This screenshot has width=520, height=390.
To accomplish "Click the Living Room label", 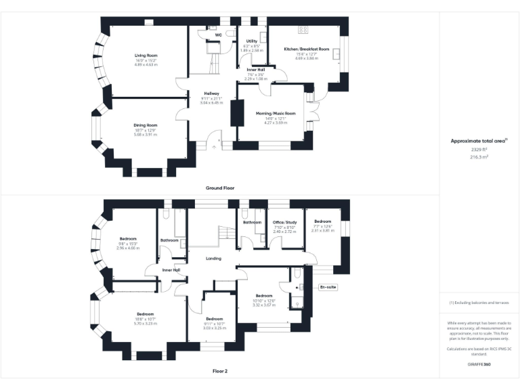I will pyautogui.click(x=146, y=56).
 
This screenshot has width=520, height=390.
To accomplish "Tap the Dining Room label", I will pyautogui.click(x=146, y=125).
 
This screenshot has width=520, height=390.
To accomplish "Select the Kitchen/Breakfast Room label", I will pyautogui.click(x=307, y=49).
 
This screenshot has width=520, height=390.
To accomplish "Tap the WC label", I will pyautogui.click(x=219, y=34).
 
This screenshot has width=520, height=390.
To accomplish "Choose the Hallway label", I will pyautogui.click(x=212, y=93).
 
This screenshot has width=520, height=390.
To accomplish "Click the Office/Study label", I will pyautogui.click(x=285, y=221).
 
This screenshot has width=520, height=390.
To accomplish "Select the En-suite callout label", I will pyautogui.click(x=328, y=287).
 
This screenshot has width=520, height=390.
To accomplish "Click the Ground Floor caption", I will pyautogui.click(x=220, y=188).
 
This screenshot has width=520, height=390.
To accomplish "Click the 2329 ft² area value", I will pyautogui.click(x=479, y=150).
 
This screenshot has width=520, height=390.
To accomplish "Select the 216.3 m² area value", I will pyautogui.click(x=479, y=156).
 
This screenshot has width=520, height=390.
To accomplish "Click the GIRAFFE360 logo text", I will pyautogui.click(x=479, y=365).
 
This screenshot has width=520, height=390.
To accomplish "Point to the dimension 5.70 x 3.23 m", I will pyautogui.click(x=146, y=324).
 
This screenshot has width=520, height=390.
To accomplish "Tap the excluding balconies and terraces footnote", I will pyautogui.click(x=479, y=303).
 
